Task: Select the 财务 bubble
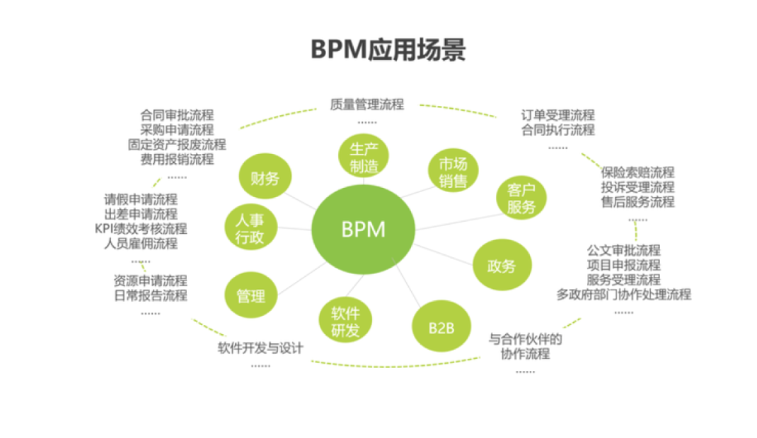(265, 177)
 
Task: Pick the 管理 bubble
(250, 295)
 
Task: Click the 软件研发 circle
(345, 321)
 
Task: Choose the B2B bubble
(441, 326)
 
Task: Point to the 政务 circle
(501, 266)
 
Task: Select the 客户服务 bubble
(521, 199)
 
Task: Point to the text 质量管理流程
(366, 105)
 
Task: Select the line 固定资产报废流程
(177, 144)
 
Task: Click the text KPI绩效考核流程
(141, 228)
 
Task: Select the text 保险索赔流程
(637, 172)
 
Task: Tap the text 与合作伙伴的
(525, 338)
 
